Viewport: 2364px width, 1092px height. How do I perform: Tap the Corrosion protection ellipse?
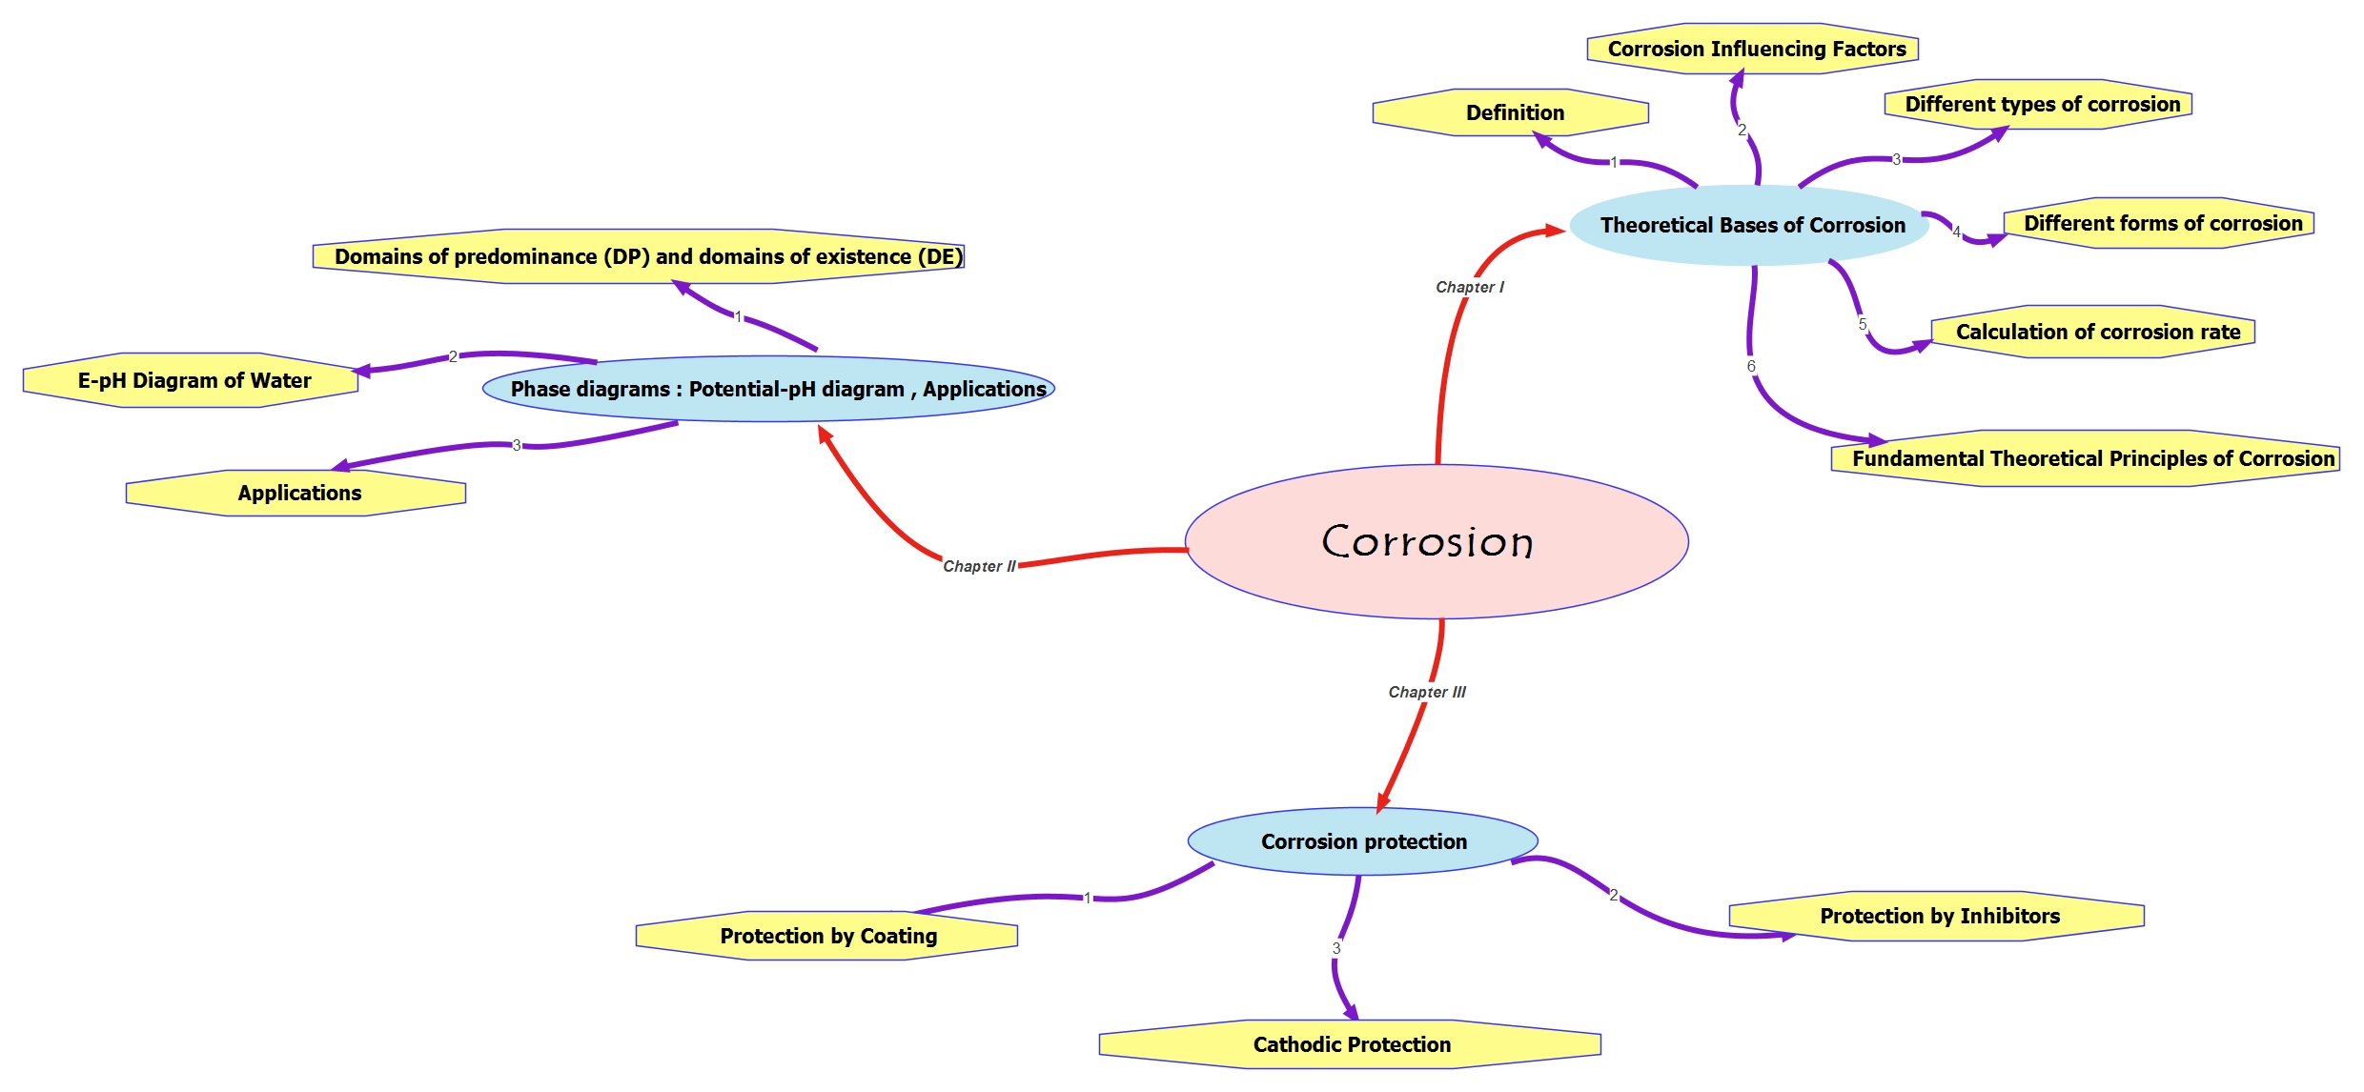1363,841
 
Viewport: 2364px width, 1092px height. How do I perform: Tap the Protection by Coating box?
827,936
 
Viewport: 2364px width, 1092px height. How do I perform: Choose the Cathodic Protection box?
1351,1044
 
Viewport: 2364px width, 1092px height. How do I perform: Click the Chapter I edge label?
1470,287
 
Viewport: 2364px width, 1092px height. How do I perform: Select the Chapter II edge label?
979,566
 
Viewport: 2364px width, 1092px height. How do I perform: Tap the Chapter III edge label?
1427,692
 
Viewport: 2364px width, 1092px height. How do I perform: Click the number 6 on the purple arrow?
1751,366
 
